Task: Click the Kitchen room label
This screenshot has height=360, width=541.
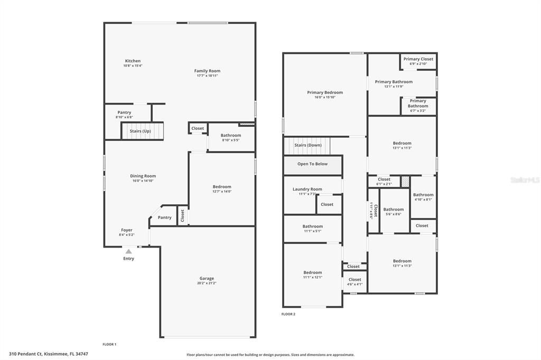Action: pyautogui.click(x=133, y=61)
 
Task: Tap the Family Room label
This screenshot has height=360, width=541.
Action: pyautogui.click(x=207, y=71)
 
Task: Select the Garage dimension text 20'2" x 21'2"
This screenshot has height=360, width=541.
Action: pyautogui.click(x=207, y=283)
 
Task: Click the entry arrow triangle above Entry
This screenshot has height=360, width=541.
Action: pyautogui.click(x=128, y=252)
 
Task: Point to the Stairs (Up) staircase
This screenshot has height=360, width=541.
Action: pyautogui.click(x=141, y=131)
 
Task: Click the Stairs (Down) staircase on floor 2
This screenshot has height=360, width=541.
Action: pyautogui.click(x=307, y=145)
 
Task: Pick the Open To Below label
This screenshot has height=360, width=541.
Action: pyautogui.click(x=312, y=164)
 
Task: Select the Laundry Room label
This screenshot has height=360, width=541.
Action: pyautogui.click(x=307, y=189)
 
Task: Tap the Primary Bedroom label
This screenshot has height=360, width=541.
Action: pyautogui.click(x=325, y=92)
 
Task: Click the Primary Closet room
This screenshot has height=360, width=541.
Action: pyautogui.click(x=418, y=61)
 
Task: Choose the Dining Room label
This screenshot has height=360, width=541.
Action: pyautogui.click(x=143, y=176)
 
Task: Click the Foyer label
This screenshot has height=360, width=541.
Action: pyautogui.click(x=127, y=230)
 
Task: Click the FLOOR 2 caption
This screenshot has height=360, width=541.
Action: pyautogui.click(x=288, y=314)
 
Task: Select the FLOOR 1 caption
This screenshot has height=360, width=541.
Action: pyautogui.click(x=109, y=344)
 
